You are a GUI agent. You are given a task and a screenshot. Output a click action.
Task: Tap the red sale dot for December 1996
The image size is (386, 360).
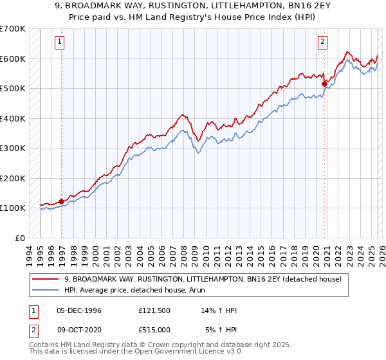[x=62, y=201]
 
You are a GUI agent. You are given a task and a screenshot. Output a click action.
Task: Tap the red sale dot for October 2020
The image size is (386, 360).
[x=324, y=83]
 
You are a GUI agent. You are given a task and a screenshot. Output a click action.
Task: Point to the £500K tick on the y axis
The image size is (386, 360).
[x=13, y=88]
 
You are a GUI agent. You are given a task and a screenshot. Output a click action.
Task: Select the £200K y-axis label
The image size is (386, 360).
[x=13, y=178]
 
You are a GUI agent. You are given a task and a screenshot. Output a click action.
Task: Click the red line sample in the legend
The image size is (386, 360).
[x=46, y=280]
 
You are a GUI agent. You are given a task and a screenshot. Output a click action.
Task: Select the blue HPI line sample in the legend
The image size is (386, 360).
[x=46, y=290]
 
